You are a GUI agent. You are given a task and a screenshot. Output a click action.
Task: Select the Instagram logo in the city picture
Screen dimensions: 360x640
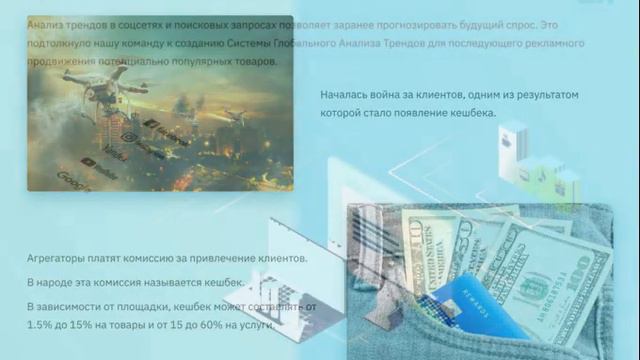click(129, 136)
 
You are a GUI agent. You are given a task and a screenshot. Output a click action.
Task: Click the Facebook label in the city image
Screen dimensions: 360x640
click(166, 126)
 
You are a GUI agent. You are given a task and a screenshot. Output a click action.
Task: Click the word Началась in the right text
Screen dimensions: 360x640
click(345, 95)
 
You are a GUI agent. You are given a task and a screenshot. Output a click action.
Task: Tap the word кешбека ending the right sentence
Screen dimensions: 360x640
click(469, 112)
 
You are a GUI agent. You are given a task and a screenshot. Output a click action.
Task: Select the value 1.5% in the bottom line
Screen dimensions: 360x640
click(41, 325)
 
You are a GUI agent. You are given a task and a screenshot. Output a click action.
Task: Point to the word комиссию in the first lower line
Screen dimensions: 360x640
click(161, 259)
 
